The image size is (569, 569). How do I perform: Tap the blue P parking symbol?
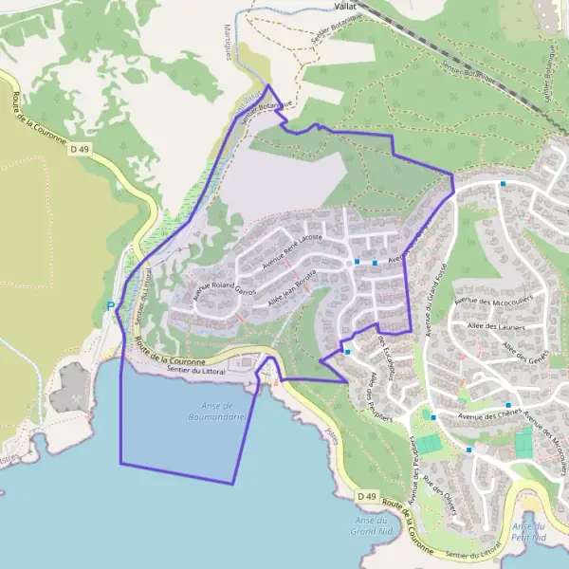110,306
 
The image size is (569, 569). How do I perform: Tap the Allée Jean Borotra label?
291,287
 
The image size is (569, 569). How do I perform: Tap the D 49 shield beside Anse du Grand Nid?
368,496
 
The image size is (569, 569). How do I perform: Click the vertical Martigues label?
229,43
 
